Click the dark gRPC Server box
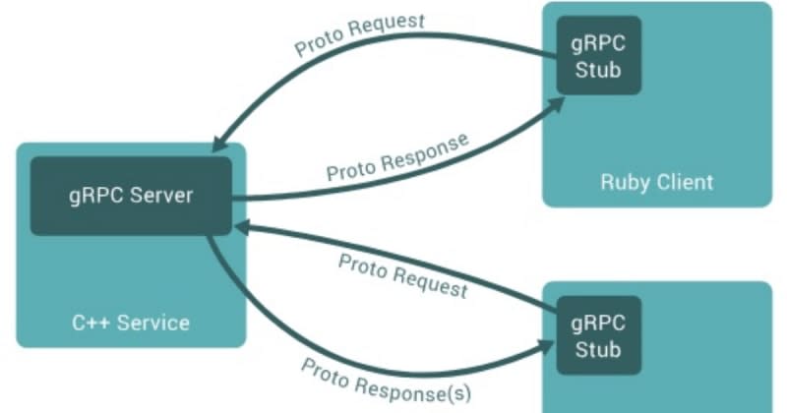coord(131,195)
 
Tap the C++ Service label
coord(131,323)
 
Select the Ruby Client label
coord(657,182)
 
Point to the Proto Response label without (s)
coord(396,157)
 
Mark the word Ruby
coord(623,182)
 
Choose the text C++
coord(92,323)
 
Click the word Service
coord(152,323)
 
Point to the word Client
coord(682,182)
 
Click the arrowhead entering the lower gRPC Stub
coord(547,345)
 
